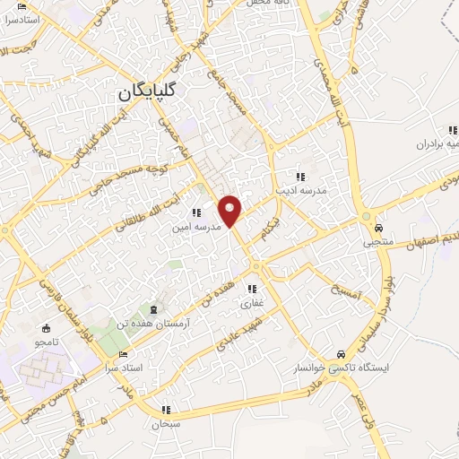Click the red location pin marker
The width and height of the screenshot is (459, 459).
(230, 211)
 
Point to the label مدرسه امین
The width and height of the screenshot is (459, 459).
(196, 228)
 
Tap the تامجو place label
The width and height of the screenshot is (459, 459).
(46, 342)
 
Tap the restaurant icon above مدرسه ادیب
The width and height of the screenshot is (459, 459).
(302, 177)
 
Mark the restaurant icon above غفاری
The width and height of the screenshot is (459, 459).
(253, 289)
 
